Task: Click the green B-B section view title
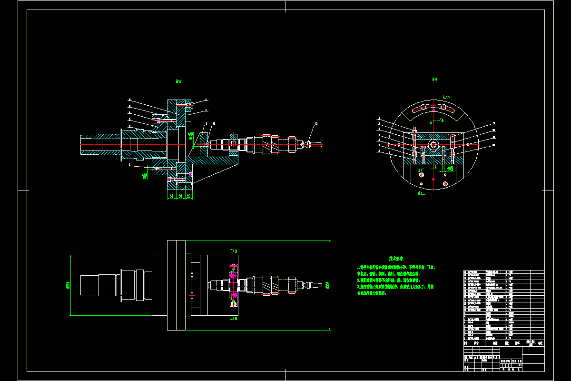434,80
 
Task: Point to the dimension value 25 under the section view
188,196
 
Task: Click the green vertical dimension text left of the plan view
68,285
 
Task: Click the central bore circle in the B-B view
433,144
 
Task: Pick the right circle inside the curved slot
443,107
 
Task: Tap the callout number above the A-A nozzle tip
315,125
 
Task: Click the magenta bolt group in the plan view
233,285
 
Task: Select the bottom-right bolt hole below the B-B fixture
445,184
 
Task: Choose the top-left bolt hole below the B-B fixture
422,175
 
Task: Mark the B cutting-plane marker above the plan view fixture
233,251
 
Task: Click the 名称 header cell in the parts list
495,342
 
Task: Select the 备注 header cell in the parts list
540,342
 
